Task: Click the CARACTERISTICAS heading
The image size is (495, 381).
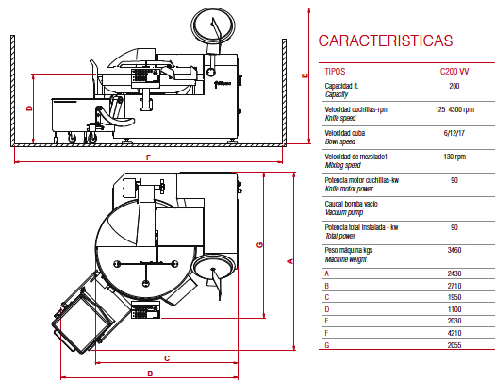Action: click(x=386, y=41)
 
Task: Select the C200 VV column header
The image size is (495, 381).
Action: click(x=454, y=72)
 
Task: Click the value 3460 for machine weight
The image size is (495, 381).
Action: click(x=454, y=250)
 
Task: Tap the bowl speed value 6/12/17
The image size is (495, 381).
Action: click(x=454, y=133)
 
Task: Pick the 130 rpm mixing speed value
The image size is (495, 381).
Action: click(x=454, y=157)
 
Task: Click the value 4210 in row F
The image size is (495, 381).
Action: click(x=454, y=333)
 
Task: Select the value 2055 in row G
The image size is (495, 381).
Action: click(x=454, y=345)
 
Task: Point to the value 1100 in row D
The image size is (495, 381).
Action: click(x=454, y=309)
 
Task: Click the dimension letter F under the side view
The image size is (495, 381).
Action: click(x=148, y=157)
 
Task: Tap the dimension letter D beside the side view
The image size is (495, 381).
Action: click(x=29, y=108)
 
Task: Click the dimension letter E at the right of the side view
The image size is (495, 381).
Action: click(x=305, y=75)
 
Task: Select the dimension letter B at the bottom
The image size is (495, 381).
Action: click(x=150, y=373)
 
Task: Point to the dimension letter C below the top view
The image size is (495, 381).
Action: click(x=167, y=358)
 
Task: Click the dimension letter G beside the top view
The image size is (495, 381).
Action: click(x=260, y=244)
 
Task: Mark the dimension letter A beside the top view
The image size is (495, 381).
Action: click(x=290, y=261)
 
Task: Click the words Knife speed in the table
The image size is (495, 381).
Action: click(x=340, y=118)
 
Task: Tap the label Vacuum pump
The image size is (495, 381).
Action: click(x=344, y=212)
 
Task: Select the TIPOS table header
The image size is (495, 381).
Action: click(x=335, y=72)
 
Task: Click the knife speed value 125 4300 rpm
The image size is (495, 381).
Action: click(x=454, y=109)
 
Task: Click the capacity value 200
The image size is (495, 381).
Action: click(x=454, y=86)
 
